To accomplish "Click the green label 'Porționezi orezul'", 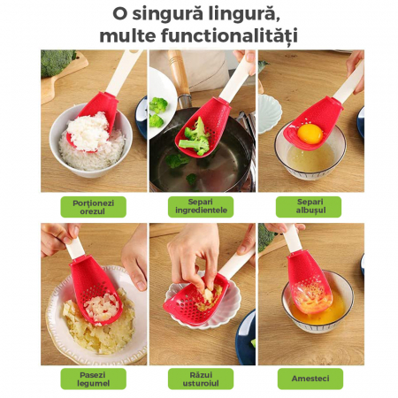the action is (x=94, y=207).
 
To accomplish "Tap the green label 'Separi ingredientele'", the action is (x=201, y=207).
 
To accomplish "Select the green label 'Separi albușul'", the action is (x=309, y=207).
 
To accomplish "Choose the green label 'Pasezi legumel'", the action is (x=94, y=379).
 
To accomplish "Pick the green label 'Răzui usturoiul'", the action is (x=201, y=379).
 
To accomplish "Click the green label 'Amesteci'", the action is (x=310, y=379).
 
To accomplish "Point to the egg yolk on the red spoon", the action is (x=310, y=134).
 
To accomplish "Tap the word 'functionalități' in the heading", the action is (x=229, y=36).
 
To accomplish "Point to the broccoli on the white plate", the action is (x=157, y=111).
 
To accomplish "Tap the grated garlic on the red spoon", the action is (x=209, y=298).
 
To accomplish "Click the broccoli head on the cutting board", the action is (x=57, y=63).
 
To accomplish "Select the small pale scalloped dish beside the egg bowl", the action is (x=269, y=113).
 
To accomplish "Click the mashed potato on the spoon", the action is (x=100, y=306).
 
